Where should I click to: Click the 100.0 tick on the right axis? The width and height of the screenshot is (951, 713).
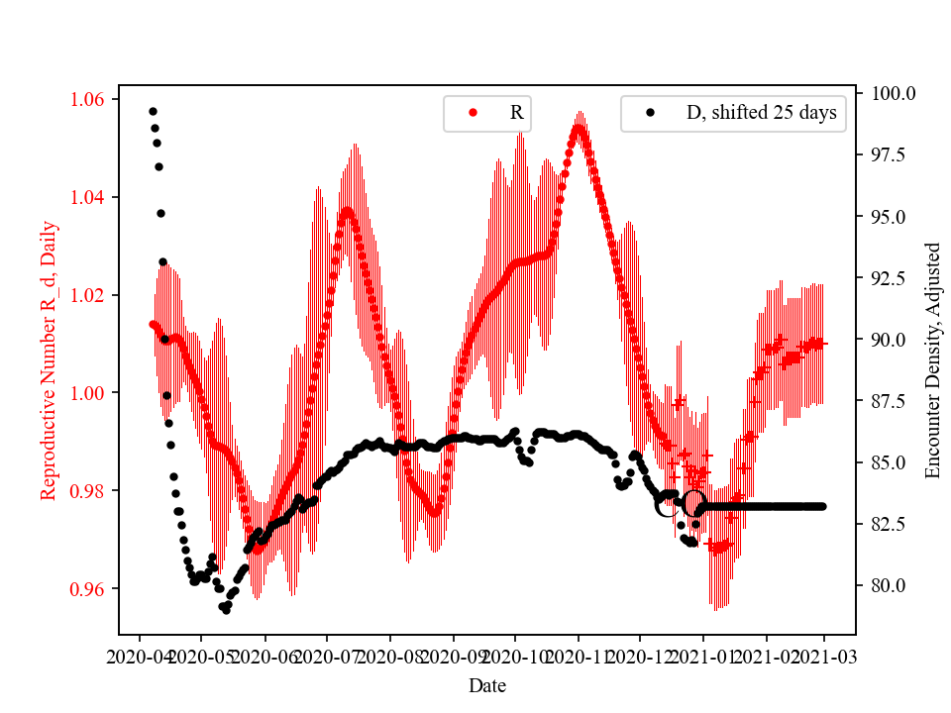pyautogui.click(x=893, y=93)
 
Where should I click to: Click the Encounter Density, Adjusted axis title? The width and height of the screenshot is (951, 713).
pyautogui.click(x=932, y=360)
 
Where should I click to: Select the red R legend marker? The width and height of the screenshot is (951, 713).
pyautogui.click(x=473, y=113)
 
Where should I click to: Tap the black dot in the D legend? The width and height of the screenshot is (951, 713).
pyautogui.click(x=650, y=113)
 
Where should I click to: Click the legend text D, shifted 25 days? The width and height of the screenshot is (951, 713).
pyautogui.click(x=761, y=113)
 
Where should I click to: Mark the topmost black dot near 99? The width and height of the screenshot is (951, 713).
pyautogui.click(x=153, y=111)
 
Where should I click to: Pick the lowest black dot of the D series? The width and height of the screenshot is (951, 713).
pyautogui.click(x=226, y=610)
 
